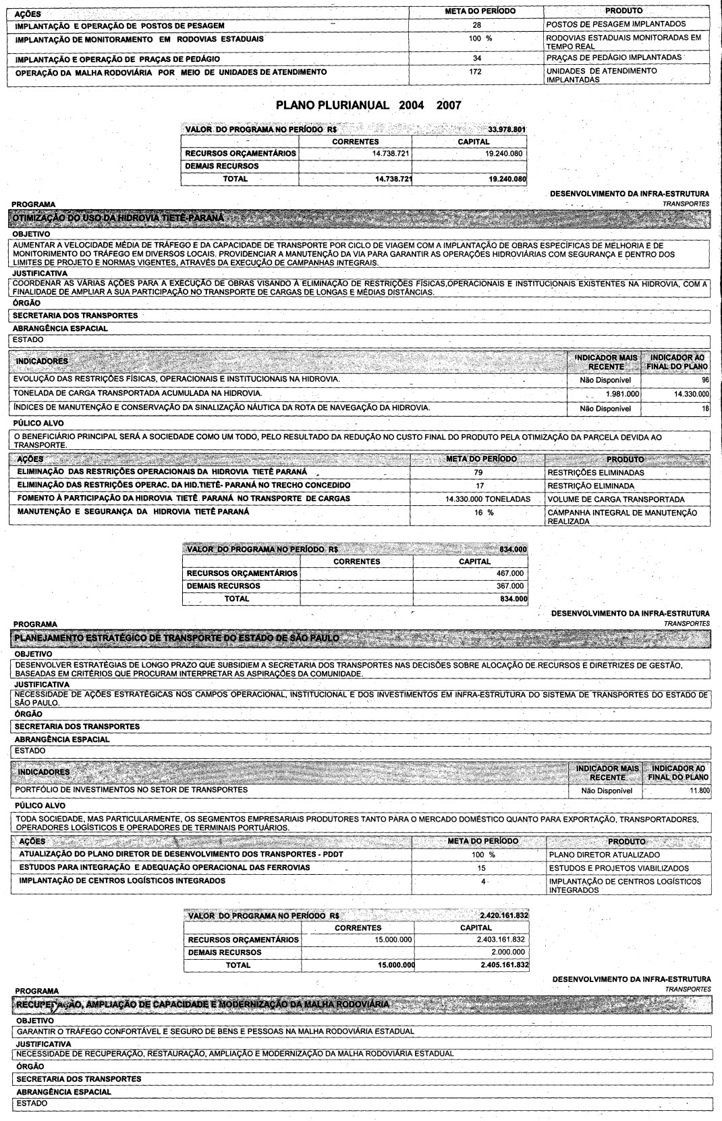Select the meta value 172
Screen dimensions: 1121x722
(475, 71)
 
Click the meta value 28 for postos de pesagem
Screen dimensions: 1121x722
(476, 24)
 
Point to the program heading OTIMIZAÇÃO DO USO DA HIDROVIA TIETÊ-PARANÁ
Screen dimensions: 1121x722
(118, 219)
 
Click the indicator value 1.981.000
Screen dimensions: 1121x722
(622, 393)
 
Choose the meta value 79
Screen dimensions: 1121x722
(478, 472)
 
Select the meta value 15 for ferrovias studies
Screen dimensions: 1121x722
(481, 867)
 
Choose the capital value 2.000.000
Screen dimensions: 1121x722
(508, 952)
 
